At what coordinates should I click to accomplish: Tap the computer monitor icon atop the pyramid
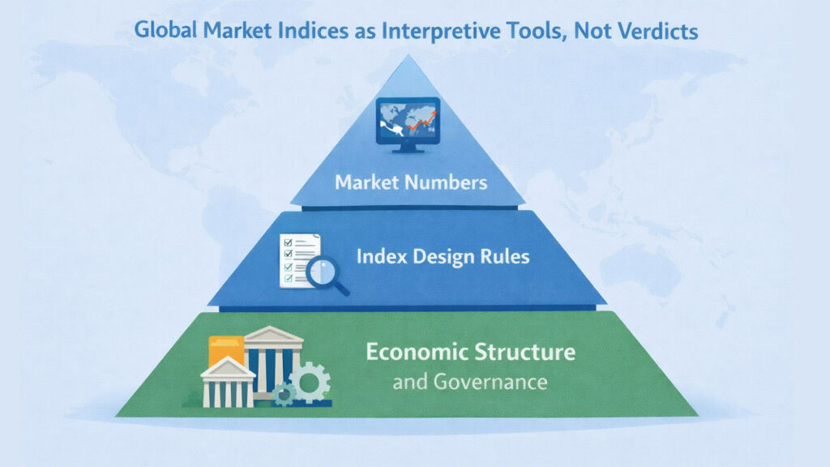[408, 123]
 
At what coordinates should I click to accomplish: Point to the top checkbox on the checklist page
[286, 242]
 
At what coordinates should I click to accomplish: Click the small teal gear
[284, 395]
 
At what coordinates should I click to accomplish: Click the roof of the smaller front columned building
[228, 369]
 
